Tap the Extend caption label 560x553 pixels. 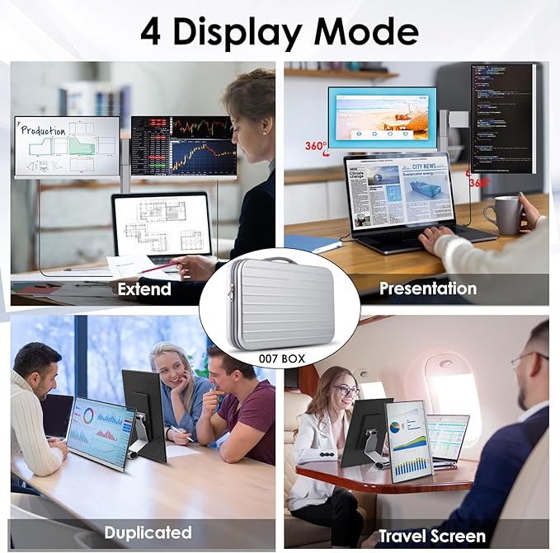click(144, 288)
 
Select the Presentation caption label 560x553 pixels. click(427, 288)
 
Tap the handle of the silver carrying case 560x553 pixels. click(280, 260)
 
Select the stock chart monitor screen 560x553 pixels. click(183, 146)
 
